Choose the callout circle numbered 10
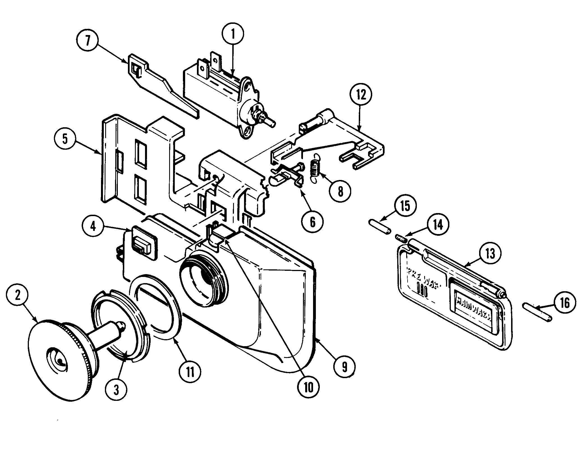click(x=309, y=388)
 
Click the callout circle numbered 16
click(x=565, y=303)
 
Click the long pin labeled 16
click(x=537, y=313)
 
